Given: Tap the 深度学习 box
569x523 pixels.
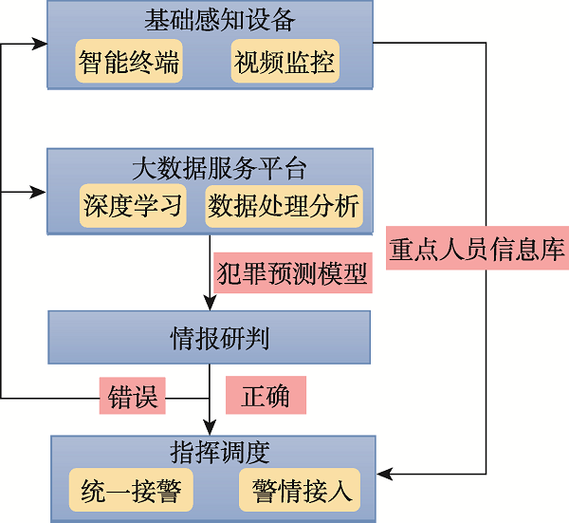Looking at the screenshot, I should click(132, 207).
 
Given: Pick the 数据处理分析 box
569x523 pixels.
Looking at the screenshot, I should click(284, 207).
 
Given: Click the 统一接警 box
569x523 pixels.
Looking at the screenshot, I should click(132, 491).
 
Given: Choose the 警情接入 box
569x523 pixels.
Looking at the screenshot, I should click(302, 491).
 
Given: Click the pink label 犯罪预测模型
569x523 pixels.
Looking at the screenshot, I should click(292, 273).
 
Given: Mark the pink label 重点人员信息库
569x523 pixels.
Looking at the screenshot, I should click(477, 250).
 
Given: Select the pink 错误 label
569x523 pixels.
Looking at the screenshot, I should click(132, 395).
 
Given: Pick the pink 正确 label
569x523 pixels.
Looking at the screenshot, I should click(266, 395).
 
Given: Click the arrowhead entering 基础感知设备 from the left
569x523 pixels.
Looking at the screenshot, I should click(40, 44).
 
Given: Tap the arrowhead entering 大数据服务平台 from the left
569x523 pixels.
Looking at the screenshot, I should click(40, 192).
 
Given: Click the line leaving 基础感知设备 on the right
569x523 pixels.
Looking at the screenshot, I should click(436, 44).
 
